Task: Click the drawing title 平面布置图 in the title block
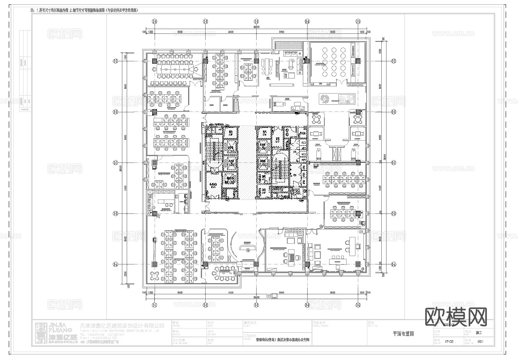click(403, 334)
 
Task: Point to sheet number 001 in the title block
click(480, 341)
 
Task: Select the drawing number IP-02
click(448, 341)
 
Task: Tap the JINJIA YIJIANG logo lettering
click(60, 328)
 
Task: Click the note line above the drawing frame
click(88, 10)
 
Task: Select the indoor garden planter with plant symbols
click(337, 98)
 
